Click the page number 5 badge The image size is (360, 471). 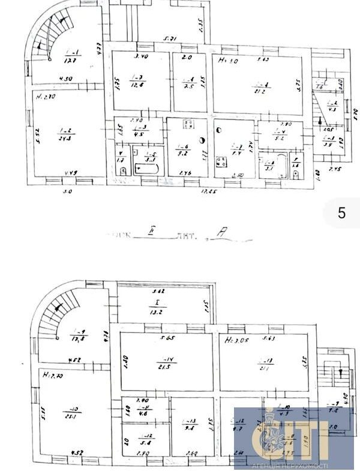341,213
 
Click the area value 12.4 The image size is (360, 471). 137,85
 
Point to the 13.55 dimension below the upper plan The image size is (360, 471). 210,192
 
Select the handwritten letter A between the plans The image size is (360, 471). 221,236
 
